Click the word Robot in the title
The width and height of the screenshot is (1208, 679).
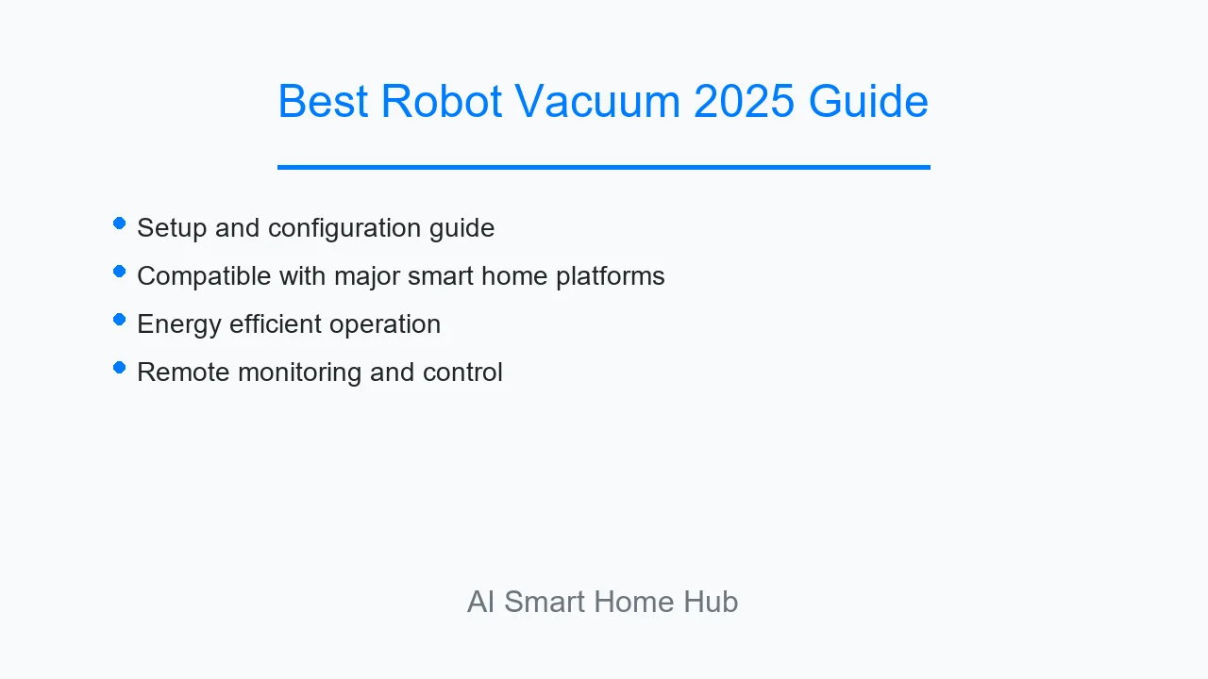(441, 101)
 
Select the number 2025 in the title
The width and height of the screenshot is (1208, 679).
(744, 101)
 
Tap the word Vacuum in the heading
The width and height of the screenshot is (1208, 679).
(597, 101)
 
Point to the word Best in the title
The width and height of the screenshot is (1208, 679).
(323, 101)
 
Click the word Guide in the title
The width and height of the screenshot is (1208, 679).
(868, 101)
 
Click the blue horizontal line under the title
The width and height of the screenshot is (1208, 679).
(604, 168)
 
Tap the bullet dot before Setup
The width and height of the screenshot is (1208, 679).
(120, 224)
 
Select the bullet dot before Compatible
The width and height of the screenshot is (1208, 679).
(120, 271)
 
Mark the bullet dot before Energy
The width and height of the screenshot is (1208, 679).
(120, 320)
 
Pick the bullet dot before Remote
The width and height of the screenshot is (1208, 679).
(120, 368)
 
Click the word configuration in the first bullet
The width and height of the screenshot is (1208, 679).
(344, 228)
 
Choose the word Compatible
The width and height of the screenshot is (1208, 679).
(204, 276)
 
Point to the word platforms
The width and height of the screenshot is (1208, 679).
(610, 276)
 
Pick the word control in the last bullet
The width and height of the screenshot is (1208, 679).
(462, 373)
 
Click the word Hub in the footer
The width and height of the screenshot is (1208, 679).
(711, 602)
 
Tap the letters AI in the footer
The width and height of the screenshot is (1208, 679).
(480, 602)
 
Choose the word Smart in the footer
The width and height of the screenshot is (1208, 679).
(545, 602)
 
